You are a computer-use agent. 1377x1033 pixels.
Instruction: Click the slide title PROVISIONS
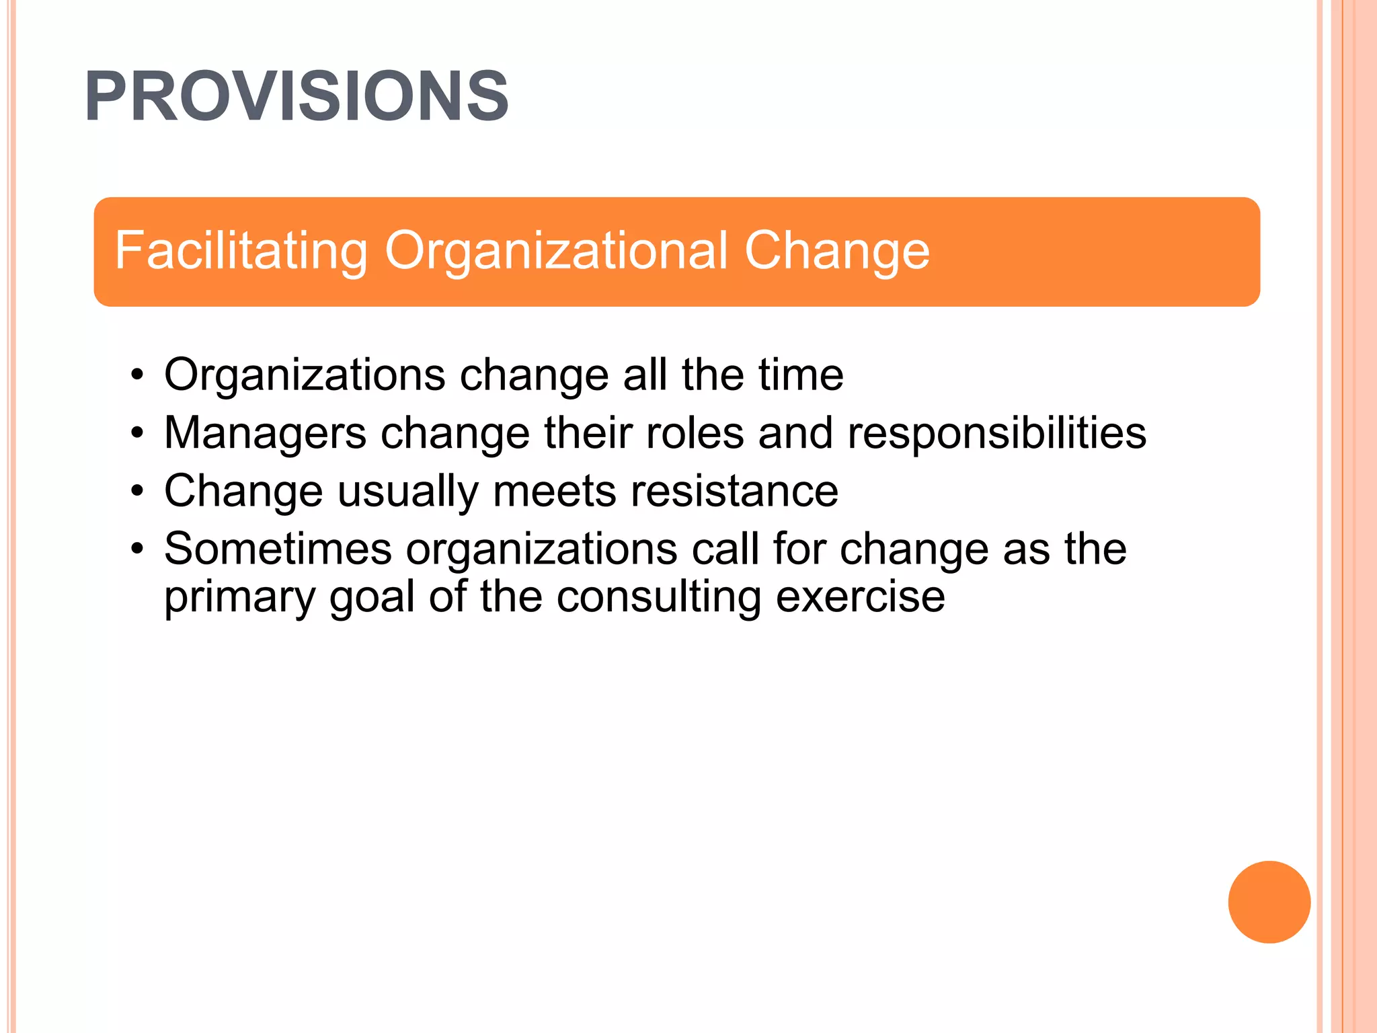[297, 97]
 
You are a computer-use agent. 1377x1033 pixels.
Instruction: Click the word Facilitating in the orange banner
[241, 251]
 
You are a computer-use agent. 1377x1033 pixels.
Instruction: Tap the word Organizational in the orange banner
[557, 251]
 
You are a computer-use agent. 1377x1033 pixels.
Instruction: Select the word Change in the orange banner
[836, 251]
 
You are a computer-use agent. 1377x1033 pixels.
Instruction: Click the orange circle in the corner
[1269, 902]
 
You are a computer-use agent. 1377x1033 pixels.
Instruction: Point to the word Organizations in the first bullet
[305, 375]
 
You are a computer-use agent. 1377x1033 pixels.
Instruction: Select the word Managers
[265, 432]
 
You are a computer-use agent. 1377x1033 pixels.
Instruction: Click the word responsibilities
[996, 432]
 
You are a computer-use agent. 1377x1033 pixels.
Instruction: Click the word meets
[554, 492]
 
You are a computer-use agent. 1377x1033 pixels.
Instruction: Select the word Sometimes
[278, 549]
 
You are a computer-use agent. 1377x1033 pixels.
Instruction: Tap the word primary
[239, 598]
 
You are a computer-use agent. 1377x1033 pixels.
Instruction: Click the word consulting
[659, 598]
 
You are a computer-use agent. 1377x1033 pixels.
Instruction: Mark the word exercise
[860, 598]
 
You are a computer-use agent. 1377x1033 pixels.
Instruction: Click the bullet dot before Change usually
[138, 492]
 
